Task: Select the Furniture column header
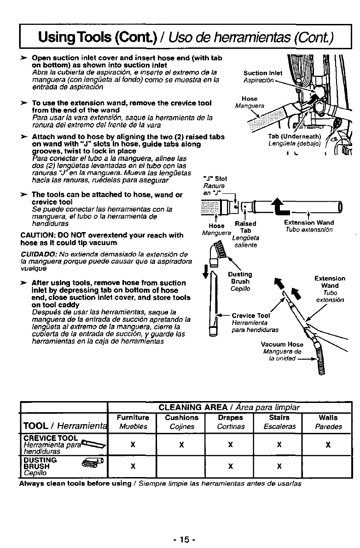pos(133,418)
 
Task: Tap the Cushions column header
pos(181,418)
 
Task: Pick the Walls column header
pos(328,418)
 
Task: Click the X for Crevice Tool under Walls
pos(328,446)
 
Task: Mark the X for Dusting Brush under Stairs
pos(278,465)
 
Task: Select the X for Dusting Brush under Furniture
pos(133,465)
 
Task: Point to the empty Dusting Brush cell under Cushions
pos(181,465)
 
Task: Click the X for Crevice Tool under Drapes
pos(229,446)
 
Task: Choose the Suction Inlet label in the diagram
pos(262,73)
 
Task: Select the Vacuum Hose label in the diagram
pos(282,344)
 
